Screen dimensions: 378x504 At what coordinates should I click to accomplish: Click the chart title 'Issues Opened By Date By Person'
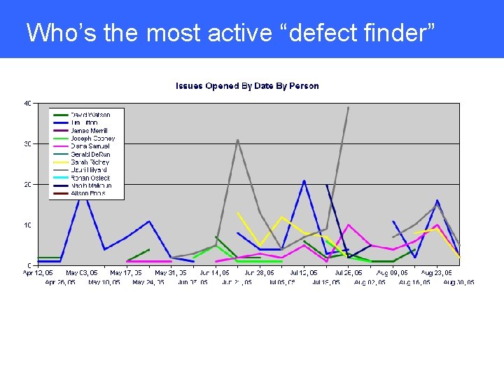click(246, 86)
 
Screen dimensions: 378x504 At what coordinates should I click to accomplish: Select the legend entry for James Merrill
click(89, 131)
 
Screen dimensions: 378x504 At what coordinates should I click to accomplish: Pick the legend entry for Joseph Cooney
click(92, 139)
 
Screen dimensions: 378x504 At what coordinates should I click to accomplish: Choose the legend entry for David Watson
click(90, 115)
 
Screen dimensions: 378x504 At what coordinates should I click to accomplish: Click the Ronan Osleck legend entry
click(90, 178)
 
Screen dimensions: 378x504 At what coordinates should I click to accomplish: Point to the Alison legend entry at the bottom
click(87, 193)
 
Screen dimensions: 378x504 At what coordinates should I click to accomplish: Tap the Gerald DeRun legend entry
click(91, 154)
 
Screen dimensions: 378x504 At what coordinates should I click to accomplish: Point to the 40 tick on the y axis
click(27, 104)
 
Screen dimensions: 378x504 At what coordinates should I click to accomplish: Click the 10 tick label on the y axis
click(27, 225)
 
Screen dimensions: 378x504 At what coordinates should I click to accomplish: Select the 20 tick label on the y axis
click(27, 185)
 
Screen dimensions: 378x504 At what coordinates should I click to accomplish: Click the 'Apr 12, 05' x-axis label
click(38, 273)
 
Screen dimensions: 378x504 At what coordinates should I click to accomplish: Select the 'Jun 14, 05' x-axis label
click(214, 273)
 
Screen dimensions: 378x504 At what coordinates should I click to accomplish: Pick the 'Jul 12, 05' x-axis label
click(304, 273)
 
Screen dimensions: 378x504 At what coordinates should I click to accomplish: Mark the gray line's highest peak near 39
click(349, 108)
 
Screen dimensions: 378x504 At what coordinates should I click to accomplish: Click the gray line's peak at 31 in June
click(237, 140)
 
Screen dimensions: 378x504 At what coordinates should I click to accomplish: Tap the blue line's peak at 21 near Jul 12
click(304, 181)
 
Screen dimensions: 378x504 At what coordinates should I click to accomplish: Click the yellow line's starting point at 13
click(238, 213)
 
